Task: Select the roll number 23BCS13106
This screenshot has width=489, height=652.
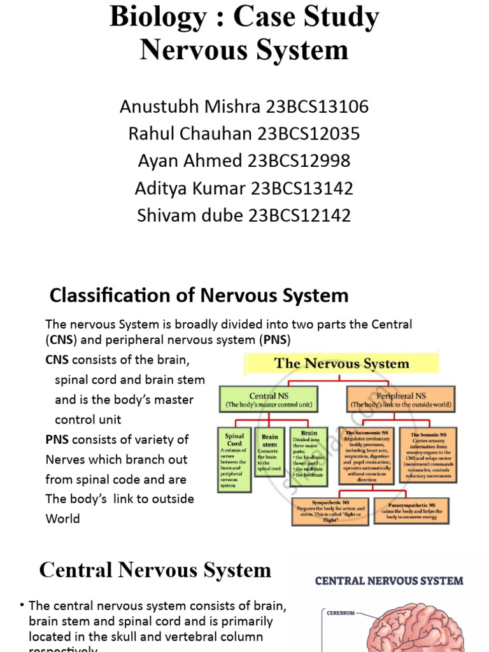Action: click(317, 106)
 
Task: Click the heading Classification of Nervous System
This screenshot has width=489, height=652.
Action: click(199, 295)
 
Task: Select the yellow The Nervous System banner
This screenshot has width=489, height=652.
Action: click(341, 364)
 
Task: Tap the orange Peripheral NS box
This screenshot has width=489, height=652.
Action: click(400, 399)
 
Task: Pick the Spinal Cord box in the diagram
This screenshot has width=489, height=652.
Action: click(234, 458)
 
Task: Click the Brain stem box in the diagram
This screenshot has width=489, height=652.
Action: click(270, 452)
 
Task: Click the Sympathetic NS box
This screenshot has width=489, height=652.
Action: click(329, 511)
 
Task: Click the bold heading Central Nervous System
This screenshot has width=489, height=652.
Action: click(155, 570)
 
